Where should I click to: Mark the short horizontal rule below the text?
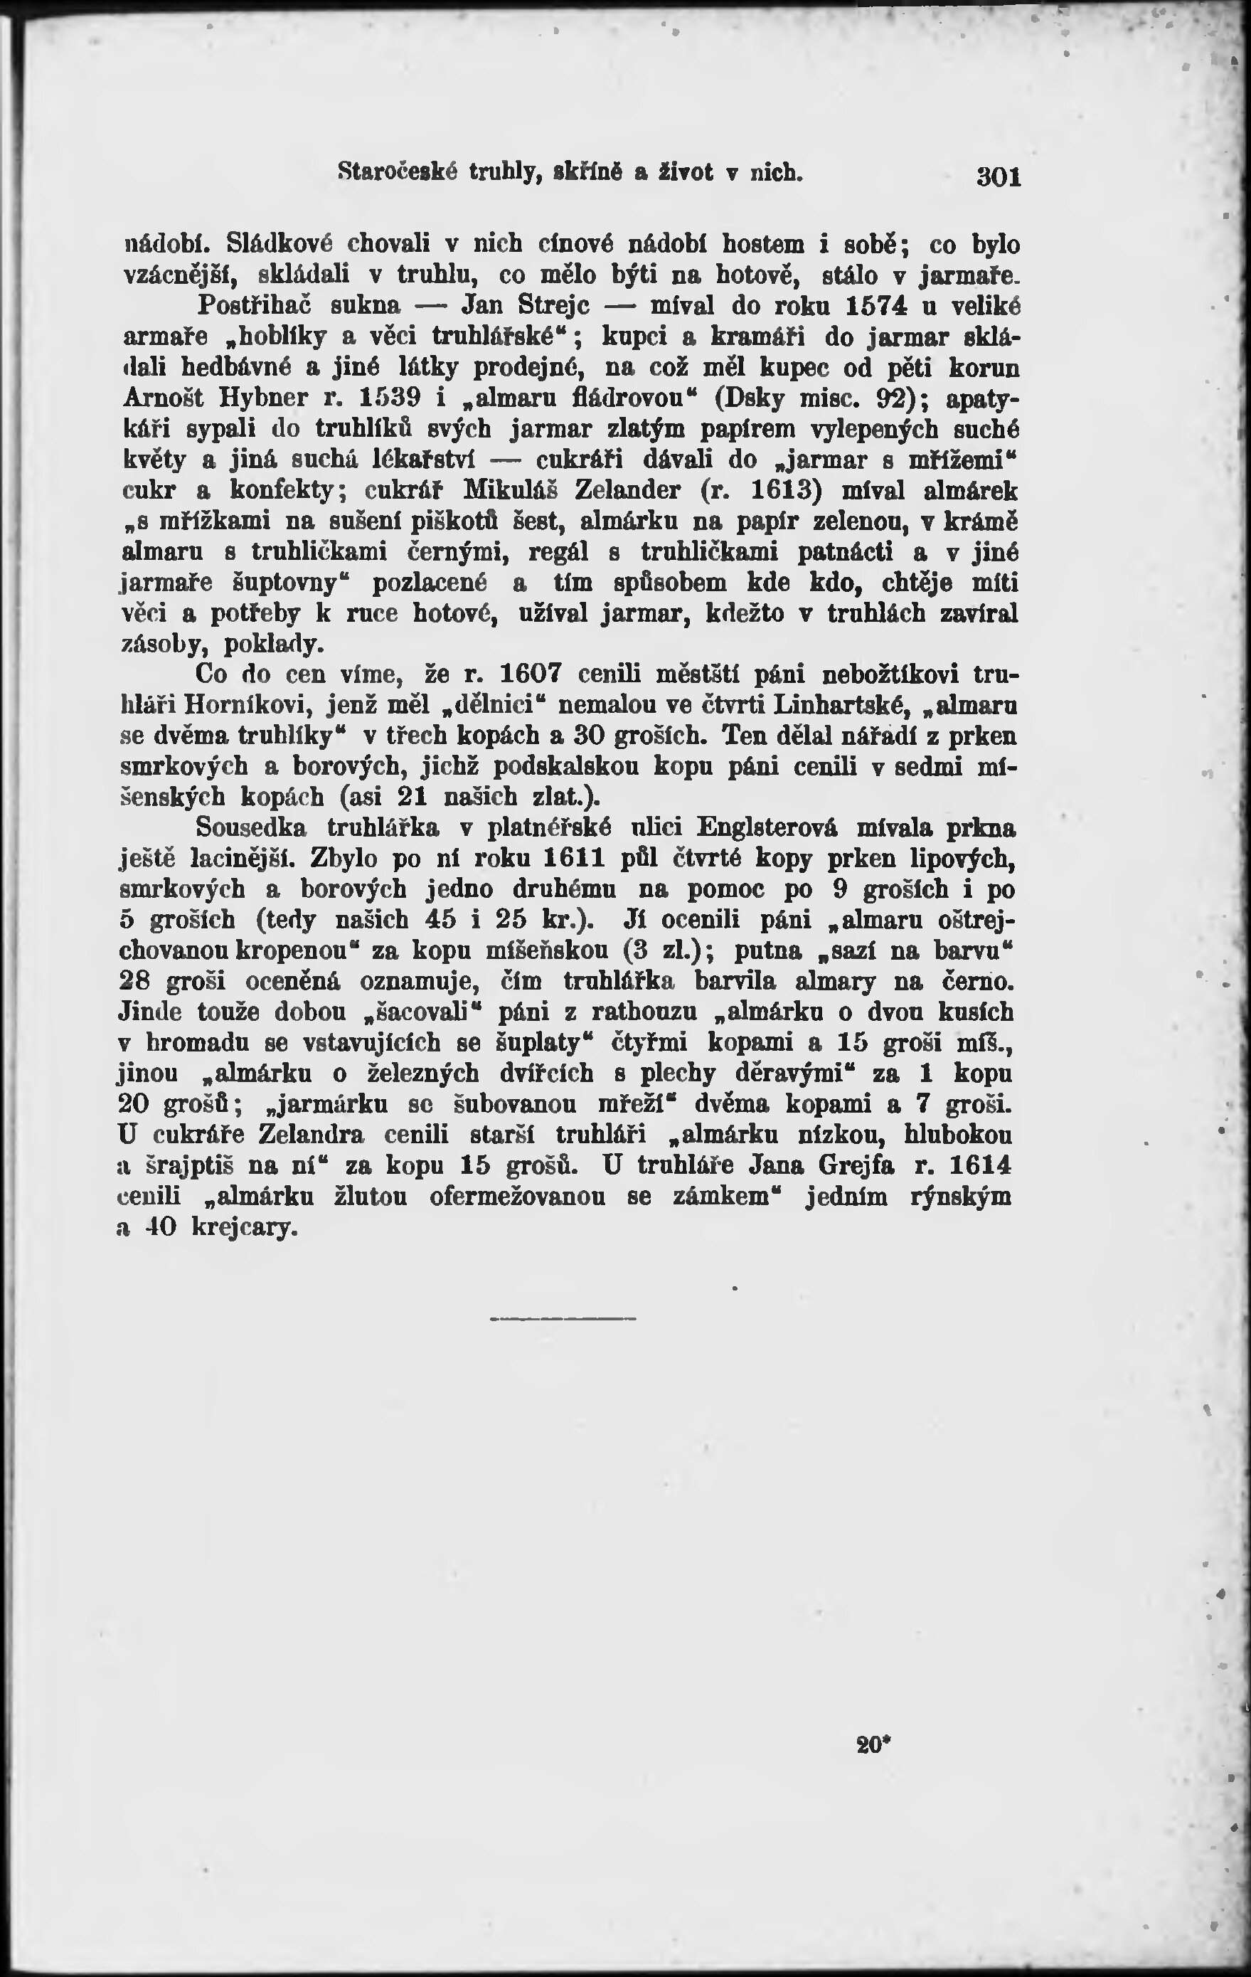[x=563, y=1320]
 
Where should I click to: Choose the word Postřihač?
[x=257, y=305]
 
